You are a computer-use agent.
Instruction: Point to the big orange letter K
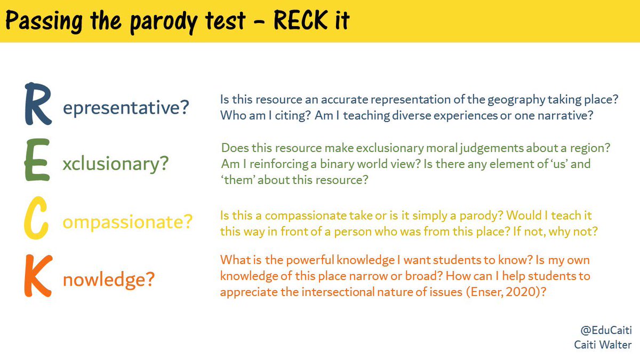click(x=37, y=276)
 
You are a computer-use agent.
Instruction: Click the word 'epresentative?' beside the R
click(x=126, y=108)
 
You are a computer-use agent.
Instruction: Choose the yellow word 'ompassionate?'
click(x=127, y=222)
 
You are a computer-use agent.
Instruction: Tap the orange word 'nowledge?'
click(x=108, y=280)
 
